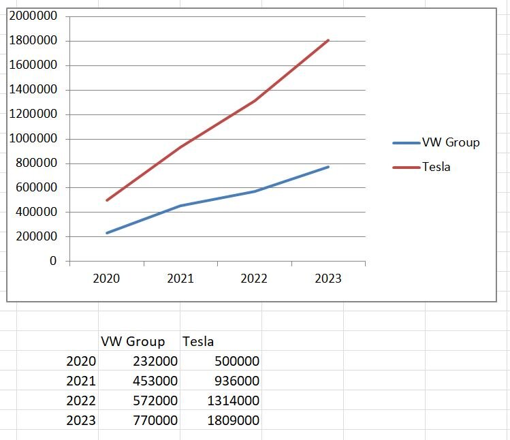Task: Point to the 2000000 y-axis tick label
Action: pos(33,16)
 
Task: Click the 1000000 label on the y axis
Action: pos(33,139)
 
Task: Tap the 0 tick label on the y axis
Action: pos(53,261)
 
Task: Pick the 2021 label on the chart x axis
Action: pos(180,279)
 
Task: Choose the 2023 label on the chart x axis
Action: pos(328,279)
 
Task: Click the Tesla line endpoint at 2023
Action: pos(328,40)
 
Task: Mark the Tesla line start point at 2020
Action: pos(107,200)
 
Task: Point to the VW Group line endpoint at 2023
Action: pos(328,167)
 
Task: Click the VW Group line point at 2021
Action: pos(180,206)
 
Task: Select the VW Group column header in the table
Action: pos(133,341)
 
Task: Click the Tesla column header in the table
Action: pos(198,341)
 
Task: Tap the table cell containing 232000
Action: pos(155,361)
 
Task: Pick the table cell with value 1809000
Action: pos(233,420)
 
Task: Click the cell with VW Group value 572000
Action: pos(155,400)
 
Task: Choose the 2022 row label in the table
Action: pos(81,400)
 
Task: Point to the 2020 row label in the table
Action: pos(81,361)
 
